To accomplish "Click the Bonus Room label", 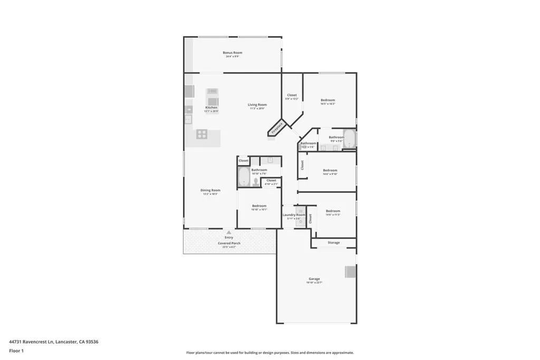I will (x=232, y=53).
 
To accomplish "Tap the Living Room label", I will (x=257, y=105).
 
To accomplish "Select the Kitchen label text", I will (x=211, y=108).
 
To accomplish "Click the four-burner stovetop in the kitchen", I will (x=202, y=134).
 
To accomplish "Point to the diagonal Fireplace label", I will (x=277, y=128).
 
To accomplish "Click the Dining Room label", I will (x=210, y=190).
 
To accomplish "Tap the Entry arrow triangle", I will (x=229, y=232).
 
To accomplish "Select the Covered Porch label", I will (x=229, y=243).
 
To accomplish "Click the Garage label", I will (x=314, y=279).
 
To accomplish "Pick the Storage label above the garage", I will (x=333, y=242).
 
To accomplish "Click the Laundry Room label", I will (x=294, y=215).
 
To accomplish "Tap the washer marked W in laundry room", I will (x=300, y=211).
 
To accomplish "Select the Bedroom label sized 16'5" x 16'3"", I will (x=327, y=100).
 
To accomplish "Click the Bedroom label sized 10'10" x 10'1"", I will (x=259, y=206).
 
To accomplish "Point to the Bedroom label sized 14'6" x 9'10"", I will (x=330, y=170).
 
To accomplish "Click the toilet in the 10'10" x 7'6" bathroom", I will (x=256, y=182).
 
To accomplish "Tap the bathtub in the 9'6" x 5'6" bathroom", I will (x=349, y=138).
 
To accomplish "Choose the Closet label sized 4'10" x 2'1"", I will (x=271, y=181).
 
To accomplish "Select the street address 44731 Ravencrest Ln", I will (x=32, y=342).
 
